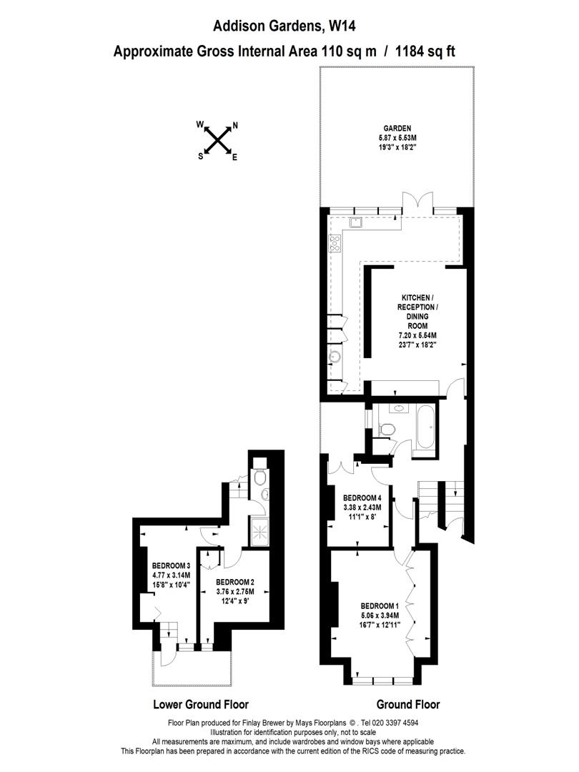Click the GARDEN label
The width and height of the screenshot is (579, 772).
[397, 129]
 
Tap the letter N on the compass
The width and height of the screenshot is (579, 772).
[235, 126]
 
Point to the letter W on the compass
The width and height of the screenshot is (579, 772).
[200, 124]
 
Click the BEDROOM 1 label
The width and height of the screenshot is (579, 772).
[379, 606]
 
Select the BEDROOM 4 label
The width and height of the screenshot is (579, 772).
[362, 498]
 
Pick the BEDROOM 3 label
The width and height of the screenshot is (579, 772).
[171, 565]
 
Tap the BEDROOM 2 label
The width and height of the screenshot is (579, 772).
[235, 582]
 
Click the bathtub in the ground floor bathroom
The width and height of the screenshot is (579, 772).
[425, 427]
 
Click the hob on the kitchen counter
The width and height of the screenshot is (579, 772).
[335, 243]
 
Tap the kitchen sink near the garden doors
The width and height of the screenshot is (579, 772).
[355, 222]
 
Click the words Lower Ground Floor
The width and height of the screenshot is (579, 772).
[201, 705]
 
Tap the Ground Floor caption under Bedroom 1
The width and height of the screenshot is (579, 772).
[408, 705]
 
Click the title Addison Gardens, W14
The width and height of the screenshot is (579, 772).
[284, 26]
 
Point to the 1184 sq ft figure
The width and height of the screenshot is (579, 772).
[425, 51]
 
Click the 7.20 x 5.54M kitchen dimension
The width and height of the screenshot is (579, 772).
[417, 335]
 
